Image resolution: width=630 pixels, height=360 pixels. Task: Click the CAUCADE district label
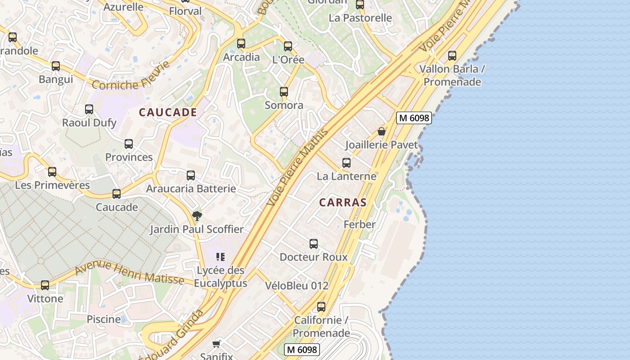coord(168,112)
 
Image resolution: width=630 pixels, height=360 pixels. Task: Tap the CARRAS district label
coord(343,202)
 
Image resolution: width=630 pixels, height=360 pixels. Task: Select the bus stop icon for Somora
coord(284,92)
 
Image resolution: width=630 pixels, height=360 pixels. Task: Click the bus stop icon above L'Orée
coord(288,46)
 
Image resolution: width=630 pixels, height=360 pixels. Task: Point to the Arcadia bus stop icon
coord(241,43)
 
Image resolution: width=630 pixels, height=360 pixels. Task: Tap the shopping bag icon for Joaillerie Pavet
coord(382,131)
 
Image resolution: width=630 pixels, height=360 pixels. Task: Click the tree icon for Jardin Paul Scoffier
coord(197,216)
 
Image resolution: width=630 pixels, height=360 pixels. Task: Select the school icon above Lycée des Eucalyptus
coord(220,257)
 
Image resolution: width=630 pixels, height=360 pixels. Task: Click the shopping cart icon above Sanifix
coord(216,344)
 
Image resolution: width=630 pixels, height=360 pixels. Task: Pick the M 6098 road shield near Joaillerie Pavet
coord(414,118)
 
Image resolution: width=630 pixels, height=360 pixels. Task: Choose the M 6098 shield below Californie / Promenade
coord(302,349)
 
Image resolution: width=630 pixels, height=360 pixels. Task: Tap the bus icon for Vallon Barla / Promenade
coord(452,56)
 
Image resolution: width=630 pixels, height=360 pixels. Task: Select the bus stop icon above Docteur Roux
coord(314,244)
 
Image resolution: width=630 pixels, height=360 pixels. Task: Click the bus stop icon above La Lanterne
coord(346,163)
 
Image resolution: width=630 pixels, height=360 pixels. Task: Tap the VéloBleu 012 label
coord(297,286)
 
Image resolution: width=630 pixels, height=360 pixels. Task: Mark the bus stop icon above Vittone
coord(45,285)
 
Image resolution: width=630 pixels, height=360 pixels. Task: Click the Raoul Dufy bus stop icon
coord(89,109)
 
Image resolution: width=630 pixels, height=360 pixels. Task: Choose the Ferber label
coord(359,224)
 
